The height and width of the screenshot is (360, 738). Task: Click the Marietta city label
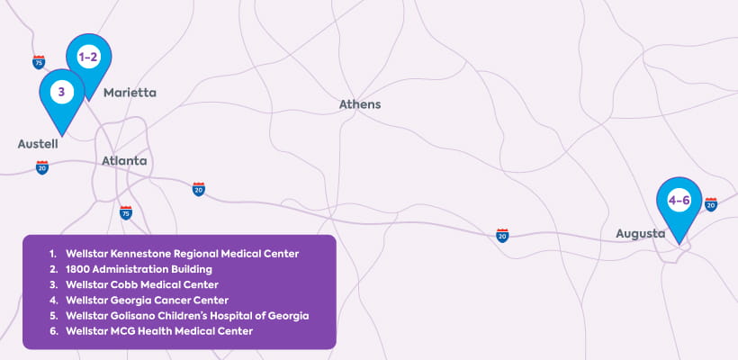pyautogui.click(x=130, y=93)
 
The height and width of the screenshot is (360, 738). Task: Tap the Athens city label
pyautogui.click(x=360, y=104)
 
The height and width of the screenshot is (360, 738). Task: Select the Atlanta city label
pyautogui.click(x=124, y=161)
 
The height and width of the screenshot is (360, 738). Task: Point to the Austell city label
pyautogui.click(x=38, y=144)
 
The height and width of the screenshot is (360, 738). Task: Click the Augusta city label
pyautogui.click(x=640, y=234)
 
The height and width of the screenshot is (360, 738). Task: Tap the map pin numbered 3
pyautogui.click(x=61, y=92)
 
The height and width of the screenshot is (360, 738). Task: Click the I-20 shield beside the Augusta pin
pyautogui.click(x=711, y=204)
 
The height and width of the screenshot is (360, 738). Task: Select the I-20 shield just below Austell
pyautogui.click(x=42, y=167)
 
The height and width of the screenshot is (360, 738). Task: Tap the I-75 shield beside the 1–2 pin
pyautogui.click(x=39, y=62)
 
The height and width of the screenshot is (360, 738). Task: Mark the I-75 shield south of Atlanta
pyautogui.click(x=126, y=212)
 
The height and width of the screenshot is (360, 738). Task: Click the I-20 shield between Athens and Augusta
pyautogui.click(x=502, y=235)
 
